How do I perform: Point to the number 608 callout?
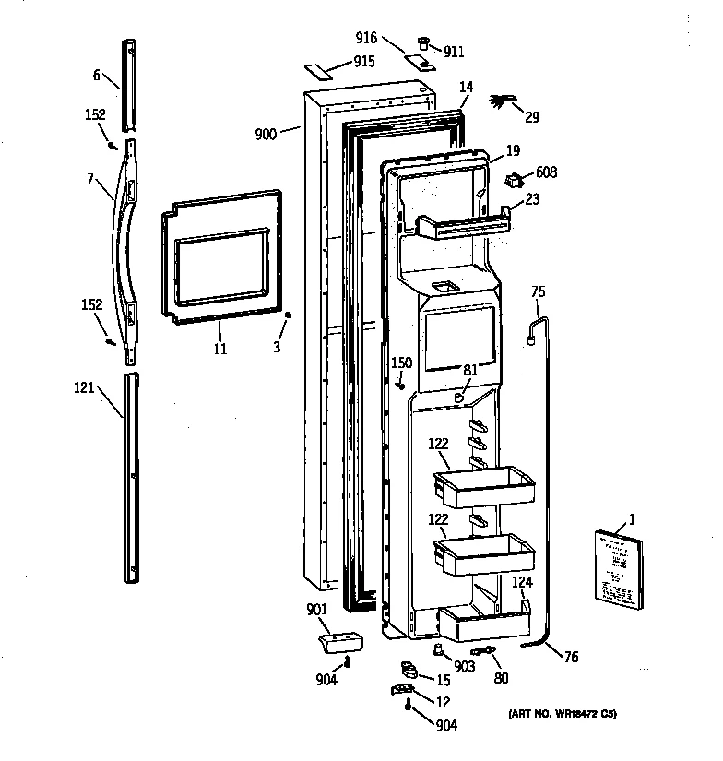click(x=546, y=172)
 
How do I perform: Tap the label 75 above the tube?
click(x=539, y=292)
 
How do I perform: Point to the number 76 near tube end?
click(x=572, y=657)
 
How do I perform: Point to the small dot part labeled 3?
click(x=288, y=316)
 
